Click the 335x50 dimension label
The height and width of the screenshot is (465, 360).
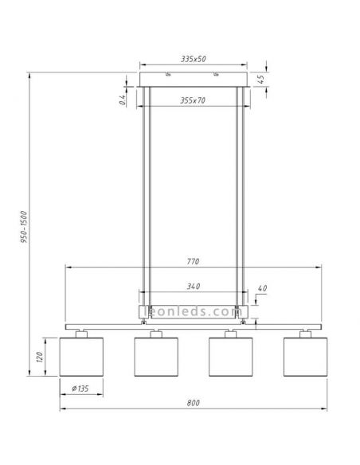click(x=194, y=59)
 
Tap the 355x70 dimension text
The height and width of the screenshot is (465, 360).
click(x=194, y=100)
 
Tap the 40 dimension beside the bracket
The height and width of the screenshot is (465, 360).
click(x=263, y=288)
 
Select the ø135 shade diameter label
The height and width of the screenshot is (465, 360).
click(x=80, y=389)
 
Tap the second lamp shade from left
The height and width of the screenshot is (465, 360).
click(x=156, y=356)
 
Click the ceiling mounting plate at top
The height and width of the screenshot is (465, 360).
click(x=194, y=78)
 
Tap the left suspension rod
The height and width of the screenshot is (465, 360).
click(x=144, y=199)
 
